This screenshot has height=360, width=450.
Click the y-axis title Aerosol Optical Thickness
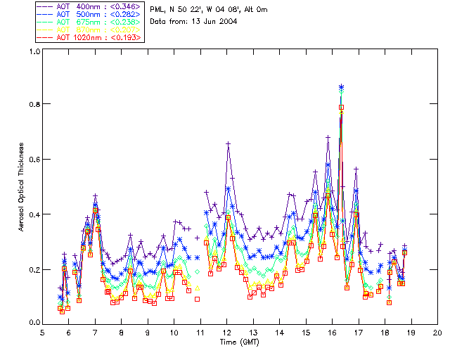22,186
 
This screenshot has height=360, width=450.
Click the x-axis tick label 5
42,331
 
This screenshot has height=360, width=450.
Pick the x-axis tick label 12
226,331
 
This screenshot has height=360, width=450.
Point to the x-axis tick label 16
332,331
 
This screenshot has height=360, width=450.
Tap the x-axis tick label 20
437,331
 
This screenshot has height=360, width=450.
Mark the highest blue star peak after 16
341,86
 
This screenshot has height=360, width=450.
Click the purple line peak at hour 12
229,143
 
